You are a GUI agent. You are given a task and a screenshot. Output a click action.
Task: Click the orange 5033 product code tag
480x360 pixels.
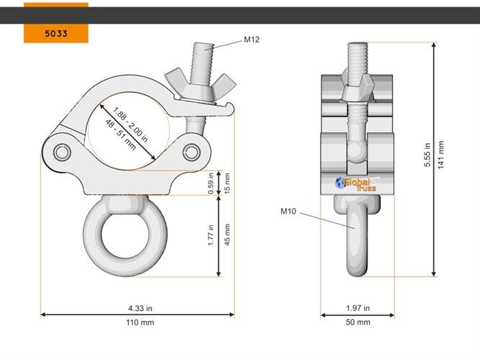(x=55, y=33)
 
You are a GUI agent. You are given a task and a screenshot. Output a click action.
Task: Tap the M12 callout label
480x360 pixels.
(x=251, y=39)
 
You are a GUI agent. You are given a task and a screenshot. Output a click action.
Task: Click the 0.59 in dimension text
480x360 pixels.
(x=211, y=184)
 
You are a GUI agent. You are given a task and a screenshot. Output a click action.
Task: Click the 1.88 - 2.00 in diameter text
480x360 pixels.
(x=130, y=124)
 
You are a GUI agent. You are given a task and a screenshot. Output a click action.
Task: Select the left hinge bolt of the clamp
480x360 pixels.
(x=62, y=153)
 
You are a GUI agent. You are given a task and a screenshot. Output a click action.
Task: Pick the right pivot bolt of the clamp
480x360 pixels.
(x=192, y=151)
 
